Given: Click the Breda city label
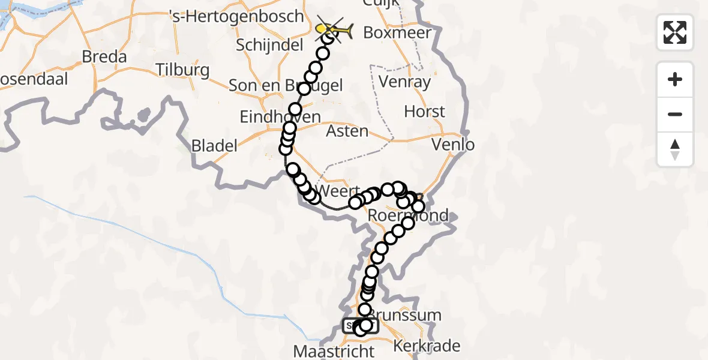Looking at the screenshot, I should click(105, 57).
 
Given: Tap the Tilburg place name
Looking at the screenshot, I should click(182, 70).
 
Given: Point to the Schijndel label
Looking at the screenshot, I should click(263, 45).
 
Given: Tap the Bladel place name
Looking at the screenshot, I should click(214, 145).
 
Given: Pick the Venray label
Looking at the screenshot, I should click(406, 82).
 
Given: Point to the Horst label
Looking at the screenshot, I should click(425, 112).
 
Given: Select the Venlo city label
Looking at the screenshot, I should click(453, 145).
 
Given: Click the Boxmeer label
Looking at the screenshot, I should click(397, 32).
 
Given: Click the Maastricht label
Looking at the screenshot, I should click(334, 350).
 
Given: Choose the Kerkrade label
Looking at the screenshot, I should click(427, 346).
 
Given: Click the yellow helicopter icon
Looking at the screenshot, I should click(335, 29).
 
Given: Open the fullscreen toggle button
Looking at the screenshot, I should click(675, 32).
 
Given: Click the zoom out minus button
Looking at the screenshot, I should click(675, 114).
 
